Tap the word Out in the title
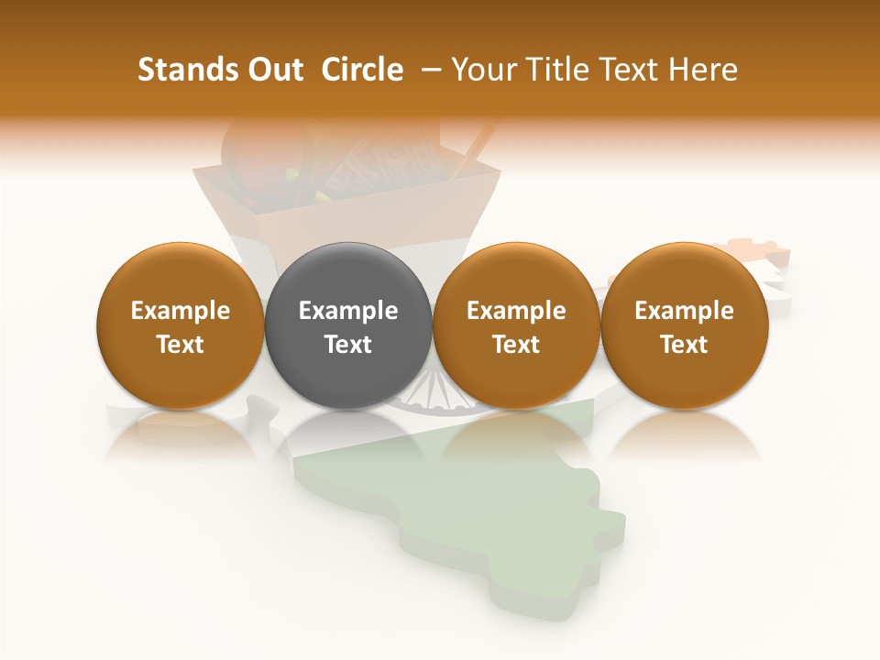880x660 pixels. point(273,70)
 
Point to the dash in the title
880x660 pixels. point(427,70)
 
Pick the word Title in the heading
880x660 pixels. point(559,70)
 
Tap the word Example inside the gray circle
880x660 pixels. point(348,311)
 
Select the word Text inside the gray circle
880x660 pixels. point(348,345)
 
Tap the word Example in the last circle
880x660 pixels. point(685,311)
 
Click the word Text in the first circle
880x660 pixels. point(181,345)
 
